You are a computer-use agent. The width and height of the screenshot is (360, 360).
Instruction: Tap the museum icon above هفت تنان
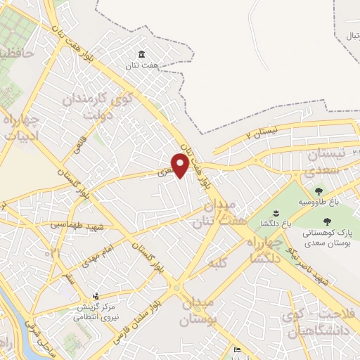click(142, 55)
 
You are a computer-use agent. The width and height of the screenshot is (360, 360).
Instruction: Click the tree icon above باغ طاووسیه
click(319, 191)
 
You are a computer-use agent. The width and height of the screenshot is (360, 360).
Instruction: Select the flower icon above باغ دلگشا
click(275, 213)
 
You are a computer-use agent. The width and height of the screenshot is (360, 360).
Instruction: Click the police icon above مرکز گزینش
click(96, 296)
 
